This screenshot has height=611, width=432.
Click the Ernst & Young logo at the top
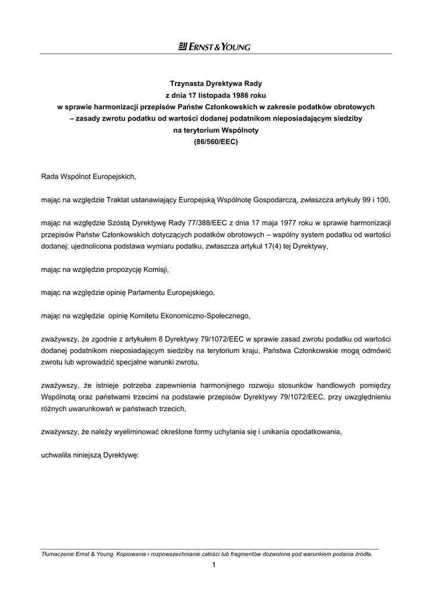[x=214, y=47]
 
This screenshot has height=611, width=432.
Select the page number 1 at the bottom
[x=214, y=566]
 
